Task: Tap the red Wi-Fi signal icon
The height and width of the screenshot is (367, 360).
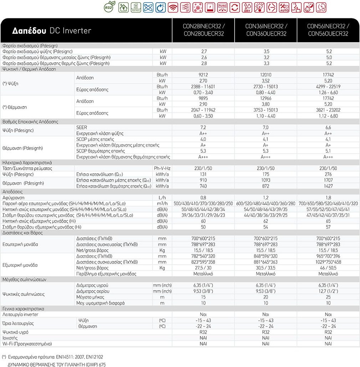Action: click(173, 7)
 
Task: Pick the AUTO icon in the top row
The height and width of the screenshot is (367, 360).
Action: click(284, 7)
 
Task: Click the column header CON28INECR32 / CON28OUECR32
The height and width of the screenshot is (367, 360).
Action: click(203, 30)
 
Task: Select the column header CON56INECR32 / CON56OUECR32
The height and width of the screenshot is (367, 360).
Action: click(328, 30)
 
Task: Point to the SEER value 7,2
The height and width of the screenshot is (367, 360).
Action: click(203, 127)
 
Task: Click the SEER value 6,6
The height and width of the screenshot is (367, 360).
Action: click(328, 127)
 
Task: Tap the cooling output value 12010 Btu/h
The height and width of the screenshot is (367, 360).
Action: click(266, 75)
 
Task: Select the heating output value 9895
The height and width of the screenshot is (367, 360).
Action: click(203, 98)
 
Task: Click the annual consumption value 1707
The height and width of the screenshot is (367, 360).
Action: click(328, 180)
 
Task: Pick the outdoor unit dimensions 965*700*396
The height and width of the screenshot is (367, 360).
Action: click(328, 256)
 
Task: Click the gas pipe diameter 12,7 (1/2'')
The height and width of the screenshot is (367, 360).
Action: click(328, 291)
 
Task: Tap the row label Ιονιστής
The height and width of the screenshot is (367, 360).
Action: click(10, 338)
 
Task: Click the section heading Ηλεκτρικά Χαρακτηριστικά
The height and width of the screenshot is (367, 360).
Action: click(27, 162)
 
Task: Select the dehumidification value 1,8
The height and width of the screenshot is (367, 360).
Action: click(328, 198)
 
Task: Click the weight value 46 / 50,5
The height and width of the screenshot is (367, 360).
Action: click(328, 268)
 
